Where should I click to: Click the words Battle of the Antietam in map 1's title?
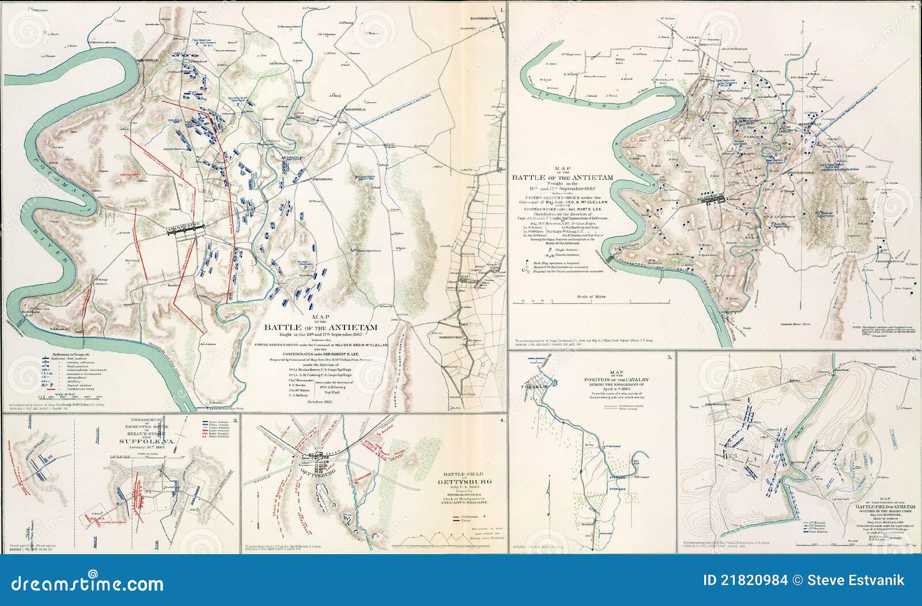point(320,327)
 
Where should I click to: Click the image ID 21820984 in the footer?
point(749,580)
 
